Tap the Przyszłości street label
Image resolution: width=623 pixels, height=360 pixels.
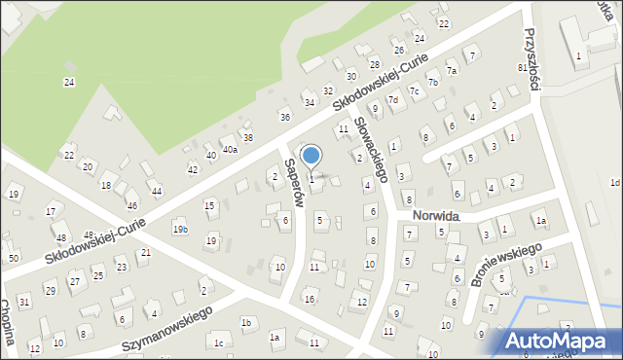[531, 59]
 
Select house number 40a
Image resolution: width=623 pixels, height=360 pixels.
[230, 150]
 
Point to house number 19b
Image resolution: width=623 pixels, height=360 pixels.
[180, 229]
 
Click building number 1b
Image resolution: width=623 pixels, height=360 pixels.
[246, 322]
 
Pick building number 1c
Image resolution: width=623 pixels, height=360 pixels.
[219, 343]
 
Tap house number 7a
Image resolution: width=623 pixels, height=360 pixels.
[452, 71]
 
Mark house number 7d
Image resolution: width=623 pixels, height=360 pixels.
[393, 100]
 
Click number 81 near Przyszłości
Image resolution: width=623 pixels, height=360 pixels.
[523, 68]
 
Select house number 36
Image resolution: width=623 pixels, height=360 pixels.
[285, 117]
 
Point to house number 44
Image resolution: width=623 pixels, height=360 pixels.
[156, 192]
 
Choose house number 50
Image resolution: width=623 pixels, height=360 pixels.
[13, 258]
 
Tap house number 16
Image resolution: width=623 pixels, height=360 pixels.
[309, 299]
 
